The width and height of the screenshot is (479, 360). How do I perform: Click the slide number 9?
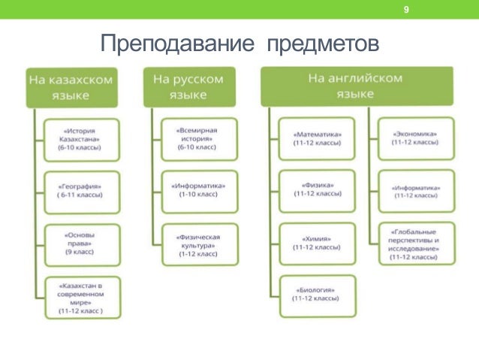point(406,10)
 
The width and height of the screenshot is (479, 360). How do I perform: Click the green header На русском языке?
point(188,86)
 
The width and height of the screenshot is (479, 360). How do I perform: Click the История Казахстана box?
point(81,138)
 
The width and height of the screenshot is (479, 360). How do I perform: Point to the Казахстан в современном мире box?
point(81,298)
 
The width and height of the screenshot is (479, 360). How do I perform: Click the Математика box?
point(318,138)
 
